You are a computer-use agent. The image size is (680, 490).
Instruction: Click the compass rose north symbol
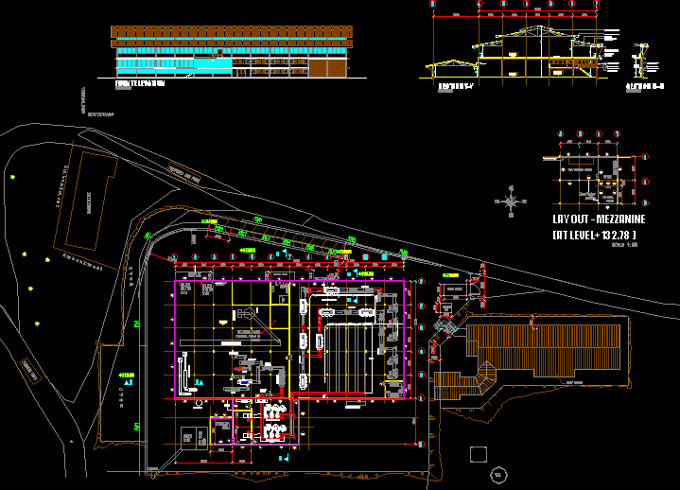tap(512, 201)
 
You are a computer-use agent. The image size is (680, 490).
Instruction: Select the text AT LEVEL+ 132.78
tap(594, 234)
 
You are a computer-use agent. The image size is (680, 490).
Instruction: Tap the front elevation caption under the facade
tap(139, 83)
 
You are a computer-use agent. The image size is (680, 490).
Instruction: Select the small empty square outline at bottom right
tap(479, 454)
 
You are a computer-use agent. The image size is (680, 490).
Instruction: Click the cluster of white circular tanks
tap(275, 421)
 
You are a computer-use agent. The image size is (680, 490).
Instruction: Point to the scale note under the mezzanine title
tap(626, 244)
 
